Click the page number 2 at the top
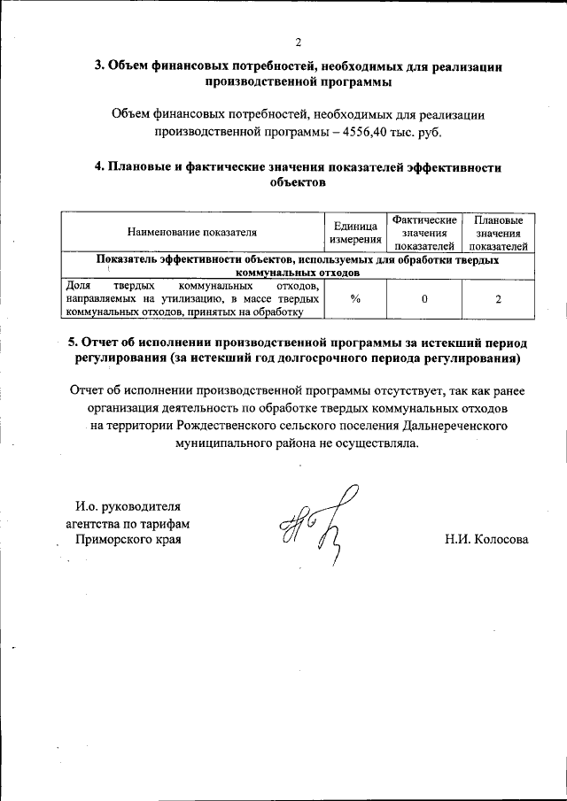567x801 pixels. pyautogui.click(x=299, y=42)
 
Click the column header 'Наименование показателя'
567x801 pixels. pyautogui.click(x=192, y=233)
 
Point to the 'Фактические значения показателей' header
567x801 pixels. pyautogui.click(x=424, y=233)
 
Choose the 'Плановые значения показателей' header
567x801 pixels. pyautogui.click(x=499, y=233)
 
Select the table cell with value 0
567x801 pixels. pyautogui.click(x=424, y=299)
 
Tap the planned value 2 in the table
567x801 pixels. pyautogui.click(x=499, y=299)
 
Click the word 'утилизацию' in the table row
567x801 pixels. pyautogui.click(x=178, y=299)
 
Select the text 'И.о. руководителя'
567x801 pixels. pyautogui.click(x=128, y=507)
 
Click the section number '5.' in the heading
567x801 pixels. pyautogui.click(x=74, y=342)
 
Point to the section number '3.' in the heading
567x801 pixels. pyautogui.click(x=101, y=65)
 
